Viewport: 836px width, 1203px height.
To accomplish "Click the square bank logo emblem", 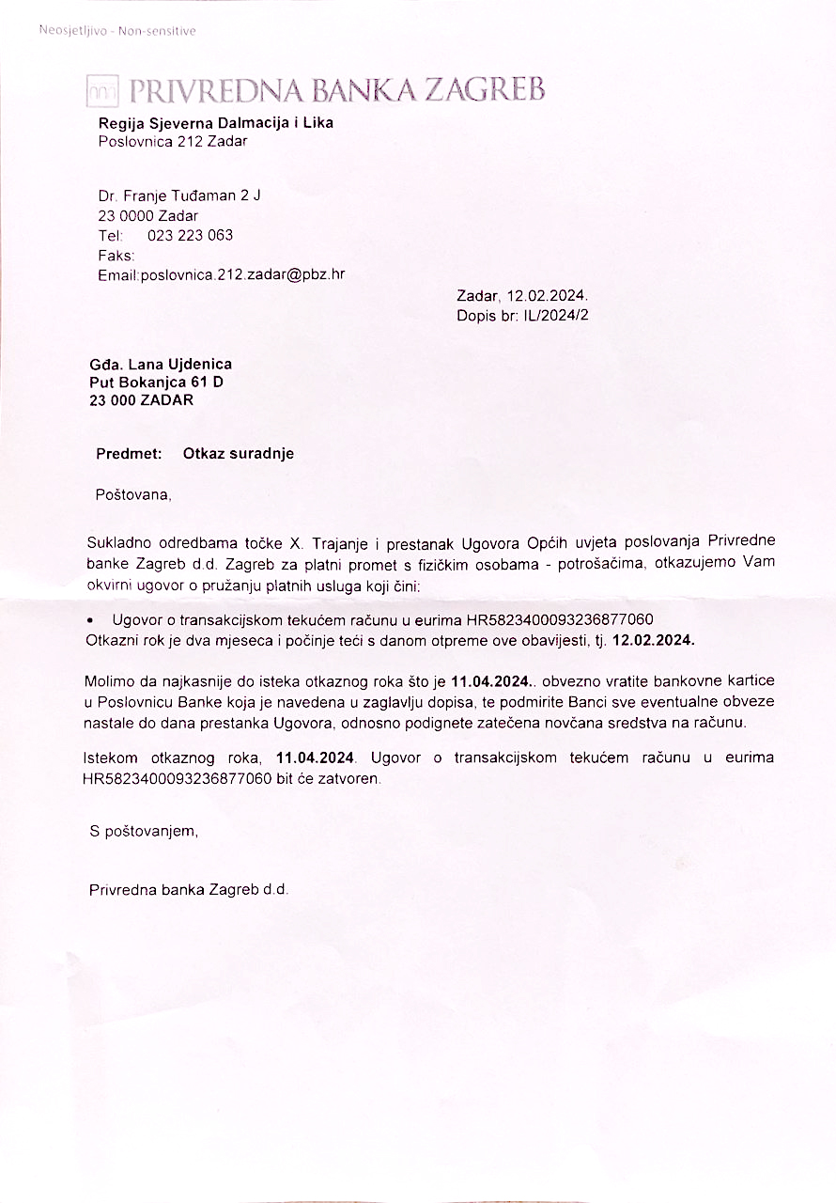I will pos(102,91).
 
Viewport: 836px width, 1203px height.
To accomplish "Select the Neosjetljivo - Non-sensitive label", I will pos(117,31).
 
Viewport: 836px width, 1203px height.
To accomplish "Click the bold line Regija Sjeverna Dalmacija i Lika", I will pos(215,123).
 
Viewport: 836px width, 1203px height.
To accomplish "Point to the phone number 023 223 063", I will pos(191,235).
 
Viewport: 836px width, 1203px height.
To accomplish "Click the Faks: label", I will pos(116,255).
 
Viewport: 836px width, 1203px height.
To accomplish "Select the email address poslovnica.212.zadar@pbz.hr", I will pos(242,275).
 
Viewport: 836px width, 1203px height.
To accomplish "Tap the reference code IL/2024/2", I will pos(556,315).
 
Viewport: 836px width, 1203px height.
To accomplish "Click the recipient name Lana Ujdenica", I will pos(186,364).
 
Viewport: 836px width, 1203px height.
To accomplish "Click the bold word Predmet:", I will pos(129,454).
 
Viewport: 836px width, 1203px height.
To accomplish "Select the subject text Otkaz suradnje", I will pos(239,454).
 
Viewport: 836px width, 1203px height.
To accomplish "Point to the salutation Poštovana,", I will pos(133,494).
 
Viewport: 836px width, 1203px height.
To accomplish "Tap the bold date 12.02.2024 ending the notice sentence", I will pos(653,640).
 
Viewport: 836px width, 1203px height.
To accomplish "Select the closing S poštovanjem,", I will pos(144,832).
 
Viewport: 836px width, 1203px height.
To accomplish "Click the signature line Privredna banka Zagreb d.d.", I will pos(188,889).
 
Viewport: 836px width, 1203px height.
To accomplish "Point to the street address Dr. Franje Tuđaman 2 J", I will pos(179,196).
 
